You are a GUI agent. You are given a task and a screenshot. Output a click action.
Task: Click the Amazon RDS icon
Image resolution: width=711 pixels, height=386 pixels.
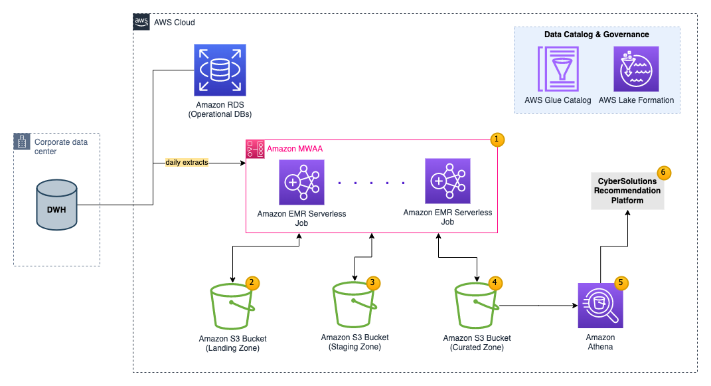pos(220,70)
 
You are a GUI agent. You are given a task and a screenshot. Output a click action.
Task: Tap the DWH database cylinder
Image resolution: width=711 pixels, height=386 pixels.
pos(56,206)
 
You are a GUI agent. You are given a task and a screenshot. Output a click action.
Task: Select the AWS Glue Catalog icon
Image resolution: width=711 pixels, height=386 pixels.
pos(558,68)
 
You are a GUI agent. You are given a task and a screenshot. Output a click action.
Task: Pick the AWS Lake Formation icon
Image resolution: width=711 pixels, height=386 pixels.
pos(636,68)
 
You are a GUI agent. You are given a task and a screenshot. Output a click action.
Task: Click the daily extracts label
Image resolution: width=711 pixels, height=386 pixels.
pos(187,162)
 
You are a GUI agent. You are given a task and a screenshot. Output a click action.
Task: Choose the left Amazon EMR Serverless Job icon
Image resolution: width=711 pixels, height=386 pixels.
pos(302,181)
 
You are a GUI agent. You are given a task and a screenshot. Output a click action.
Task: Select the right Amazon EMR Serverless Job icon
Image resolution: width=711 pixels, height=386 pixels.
pos(447,181)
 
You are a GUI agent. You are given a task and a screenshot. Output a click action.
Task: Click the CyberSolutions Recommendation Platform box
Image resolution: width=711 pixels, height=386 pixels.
pos(627,191)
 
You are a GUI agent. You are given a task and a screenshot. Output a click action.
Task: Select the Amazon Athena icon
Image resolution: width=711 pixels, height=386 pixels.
pos(600,306)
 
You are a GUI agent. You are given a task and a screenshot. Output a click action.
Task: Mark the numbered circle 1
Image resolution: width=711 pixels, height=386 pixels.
pos(497,140)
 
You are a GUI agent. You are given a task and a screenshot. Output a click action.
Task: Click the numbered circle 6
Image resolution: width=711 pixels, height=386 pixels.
pos(663,173)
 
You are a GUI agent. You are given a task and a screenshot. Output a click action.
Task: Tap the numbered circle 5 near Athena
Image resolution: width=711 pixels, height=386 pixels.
pos(621,282)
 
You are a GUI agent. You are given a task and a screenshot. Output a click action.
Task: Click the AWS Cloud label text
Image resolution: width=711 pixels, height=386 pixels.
pos(174,23)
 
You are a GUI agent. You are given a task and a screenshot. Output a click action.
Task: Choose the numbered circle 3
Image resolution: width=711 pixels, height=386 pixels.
pos(373,282)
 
